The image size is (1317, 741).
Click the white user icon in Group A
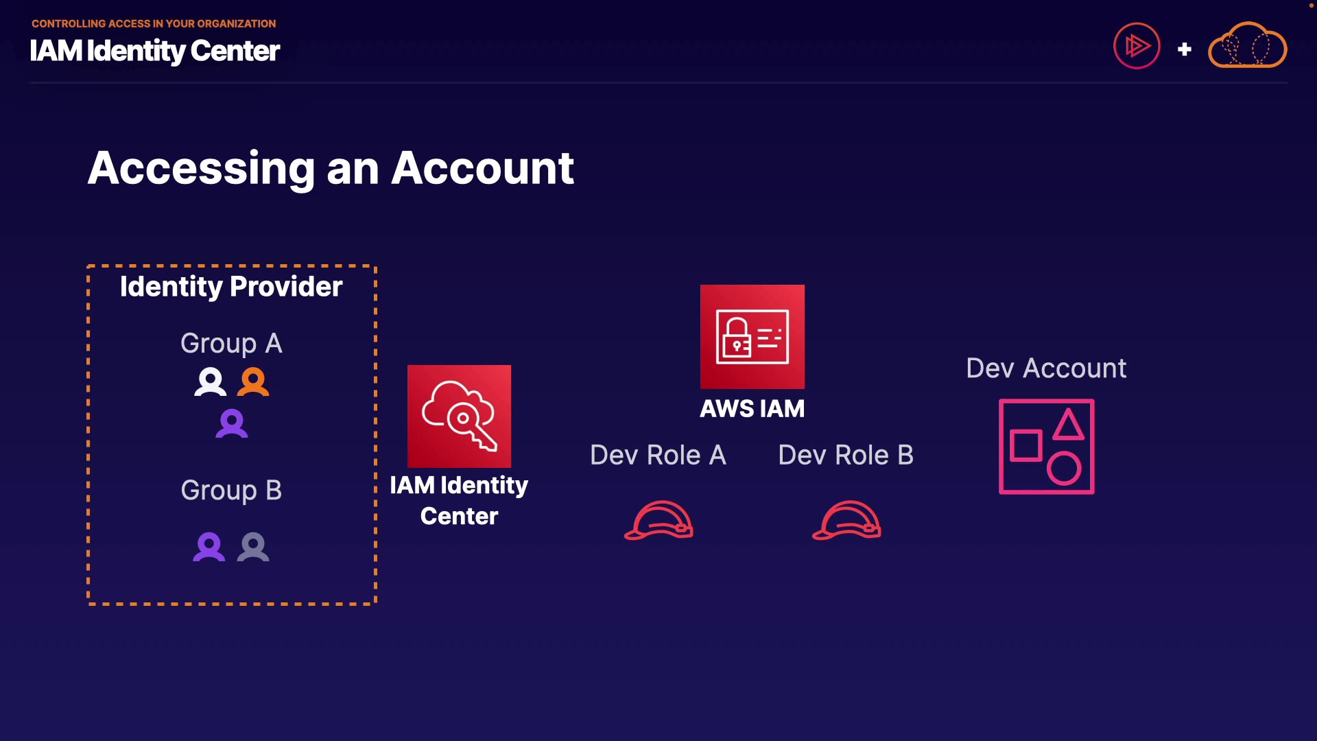pyautogui.click(x=210, y=382)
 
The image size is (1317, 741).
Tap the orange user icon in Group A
pyautogui.click(x=253, y=382)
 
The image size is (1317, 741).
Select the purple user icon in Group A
pyautogui.click(x=232, y=423)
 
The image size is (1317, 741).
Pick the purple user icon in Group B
pyautogui.click(x=209, y=547)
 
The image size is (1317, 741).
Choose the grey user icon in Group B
pyautogui.click(x=253, y=547)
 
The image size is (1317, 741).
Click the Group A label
pyautogui.click(x=231, y=343)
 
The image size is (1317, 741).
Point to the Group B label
pyautogui.click(x=231, y=490)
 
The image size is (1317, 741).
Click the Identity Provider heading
pyautogui.click(x=231, y=287)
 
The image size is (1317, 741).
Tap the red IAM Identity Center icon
pyautogui.click(x=459, y=416)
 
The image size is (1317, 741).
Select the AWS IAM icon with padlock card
pyautogui.click(x=752, y=337)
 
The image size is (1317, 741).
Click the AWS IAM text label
pyautogui.click(x=752, y=409)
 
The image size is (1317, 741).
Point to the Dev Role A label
pyautogui.click(x=658, y=455)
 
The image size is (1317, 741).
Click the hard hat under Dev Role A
pyautogui.click(x=658, y=521)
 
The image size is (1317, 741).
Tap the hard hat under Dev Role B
pyautogui.click(x=846, y=521)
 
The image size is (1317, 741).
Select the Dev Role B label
pyautogui.click(x=846, y=455)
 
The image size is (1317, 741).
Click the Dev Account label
pyautogui.click(x=1046, y=368)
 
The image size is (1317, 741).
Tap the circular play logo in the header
pyautogui.click(x=1137, y=46)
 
